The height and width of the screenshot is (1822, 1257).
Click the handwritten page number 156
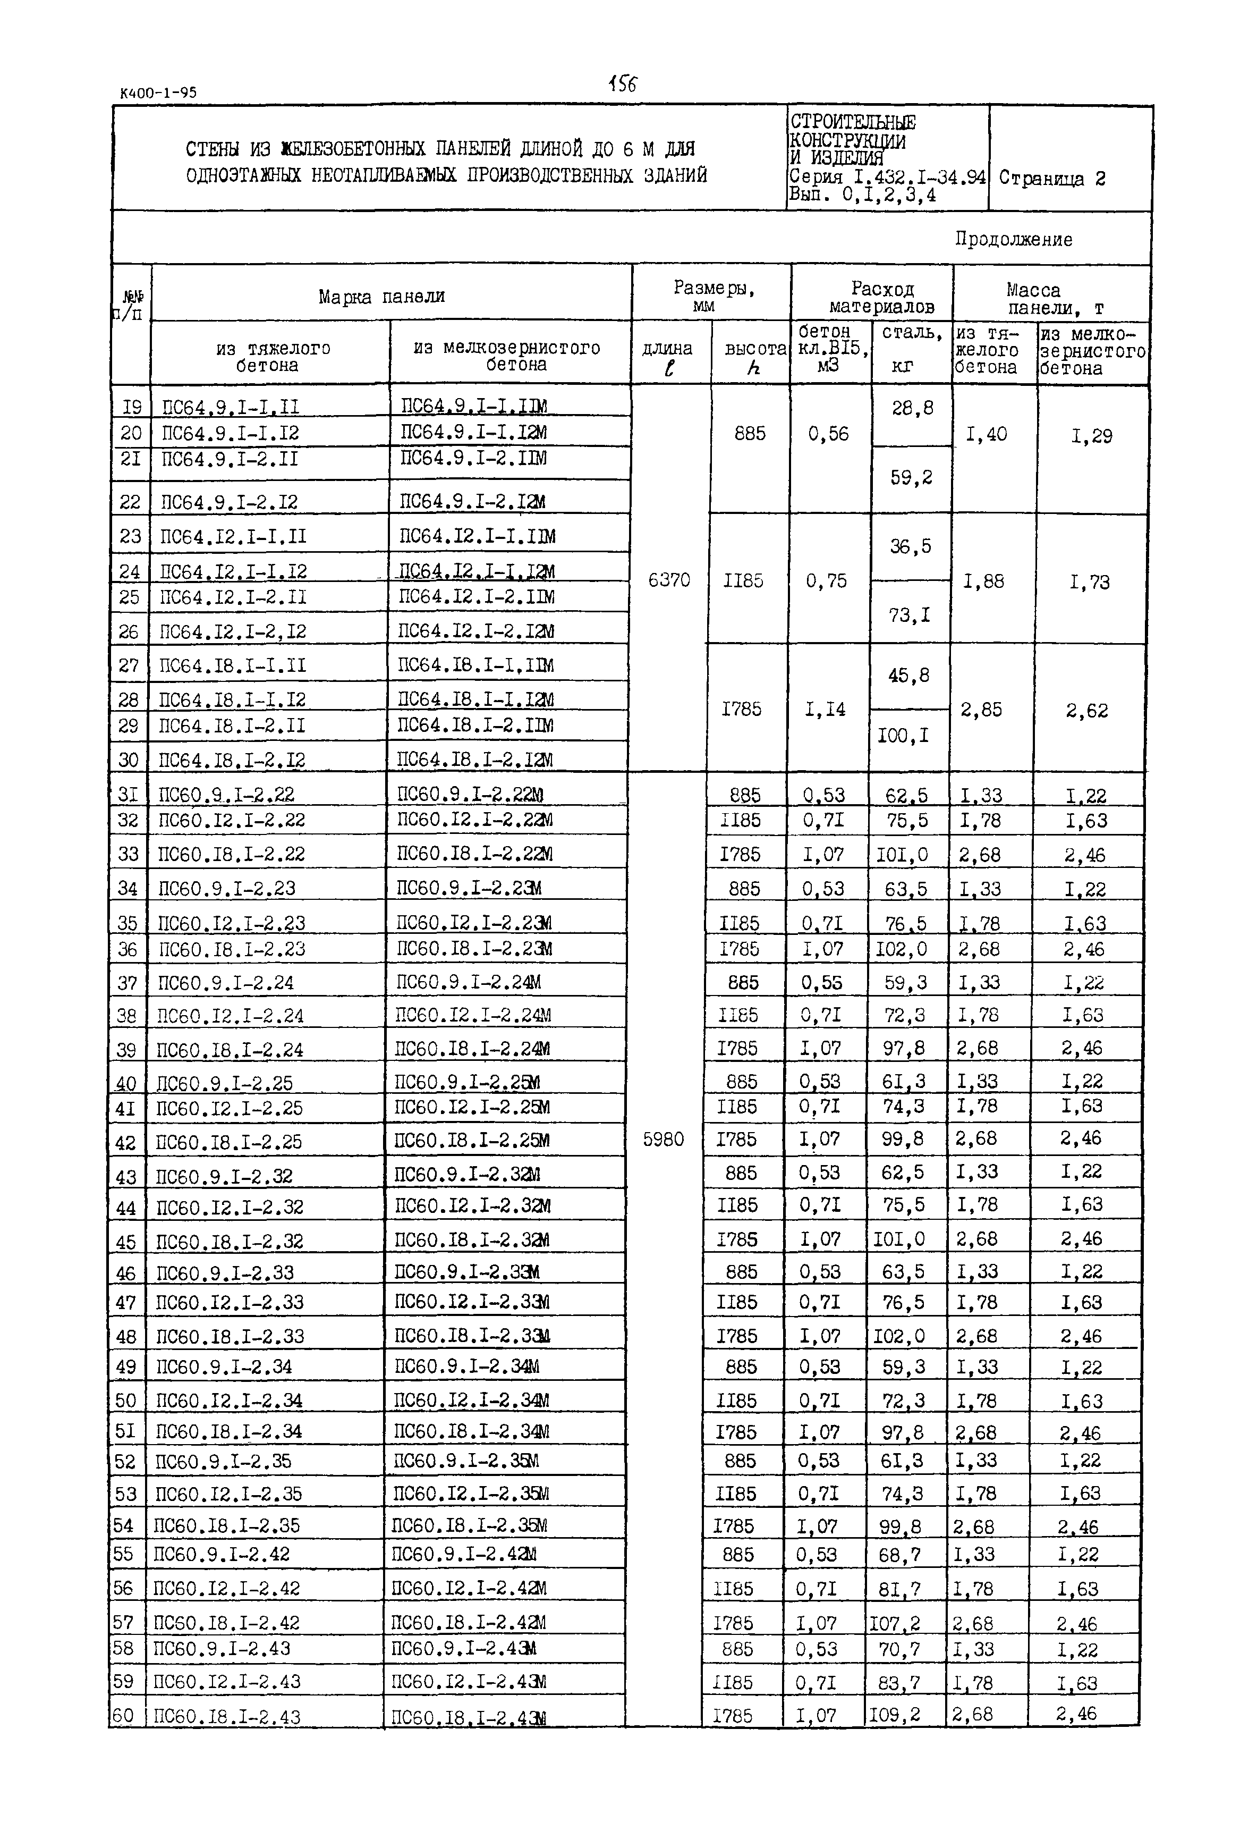pyautogui.click(x=622, y=83)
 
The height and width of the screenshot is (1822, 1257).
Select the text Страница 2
pyautogui.click(x=1052, y=179)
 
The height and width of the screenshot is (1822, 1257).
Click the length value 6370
pyautogui.click(x=669, y=580)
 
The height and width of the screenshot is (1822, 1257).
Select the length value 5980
pyautogui.click(x=663, y=1139)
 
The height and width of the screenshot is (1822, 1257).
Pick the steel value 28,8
pyautogui.click(x=912, y=408)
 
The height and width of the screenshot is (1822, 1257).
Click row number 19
pyautogui.click(x=132, y=407)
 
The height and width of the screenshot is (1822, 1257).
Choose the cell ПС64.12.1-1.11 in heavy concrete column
pyautogui.click(x=233, y=536)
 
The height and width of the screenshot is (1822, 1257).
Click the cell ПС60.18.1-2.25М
pyautogui.click(x=472, y=1140)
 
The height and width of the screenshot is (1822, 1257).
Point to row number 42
pyautogui.click(x=126, y=1142)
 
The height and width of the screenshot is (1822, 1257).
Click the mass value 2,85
pyautogui.click(x=981, y=710)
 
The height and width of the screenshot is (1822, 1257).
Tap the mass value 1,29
pyautogui.click(x=1092, y=436)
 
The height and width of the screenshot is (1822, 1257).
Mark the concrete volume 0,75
pyautogui.click(x=826, y=580)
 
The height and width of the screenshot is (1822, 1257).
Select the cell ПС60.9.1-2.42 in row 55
pyautogui.click(x=222, y=1554)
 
